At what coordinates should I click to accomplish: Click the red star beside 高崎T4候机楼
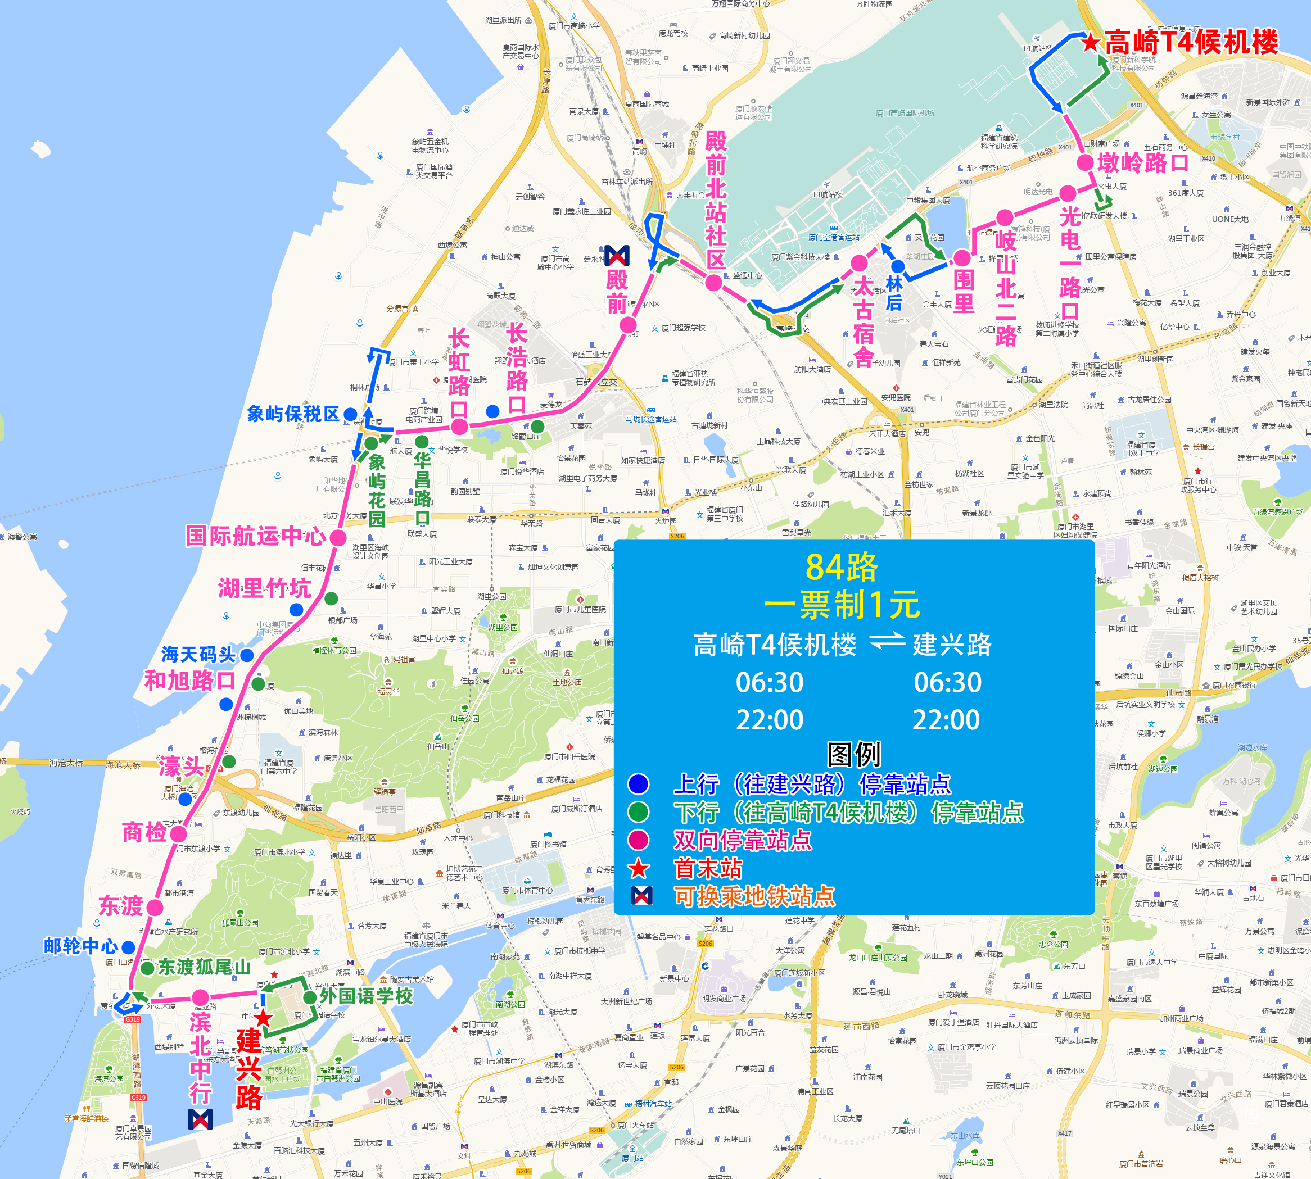tap(1091, 43)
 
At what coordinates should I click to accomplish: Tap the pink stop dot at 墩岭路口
tap(1086, 162)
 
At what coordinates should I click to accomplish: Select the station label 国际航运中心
tap(255, 536)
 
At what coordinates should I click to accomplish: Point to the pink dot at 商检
tap(179, 834)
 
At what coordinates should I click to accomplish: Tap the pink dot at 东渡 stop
tap(155, 908)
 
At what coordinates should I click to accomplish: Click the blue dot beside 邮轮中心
tap(128, 947)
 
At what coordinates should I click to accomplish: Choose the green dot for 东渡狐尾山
tap(147, 968)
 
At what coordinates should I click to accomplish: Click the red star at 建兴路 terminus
tap(263, 1018)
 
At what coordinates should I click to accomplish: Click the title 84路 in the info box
tap(841, 568)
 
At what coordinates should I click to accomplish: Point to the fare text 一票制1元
tap(842, 605)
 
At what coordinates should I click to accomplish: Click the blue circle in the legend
tap(638, 784)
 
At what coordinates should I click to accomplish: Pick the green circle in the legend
tap(638, 811)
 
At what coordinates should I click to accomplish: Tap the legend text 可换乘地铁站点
tap(754, 896)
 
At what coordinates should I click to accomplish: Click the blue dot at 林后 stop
tap(898, 266)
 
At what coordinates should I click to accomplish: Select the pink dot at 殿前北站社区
tap(713, 283)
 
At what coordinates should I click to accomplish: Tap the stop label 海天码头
tap(198, 655)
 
